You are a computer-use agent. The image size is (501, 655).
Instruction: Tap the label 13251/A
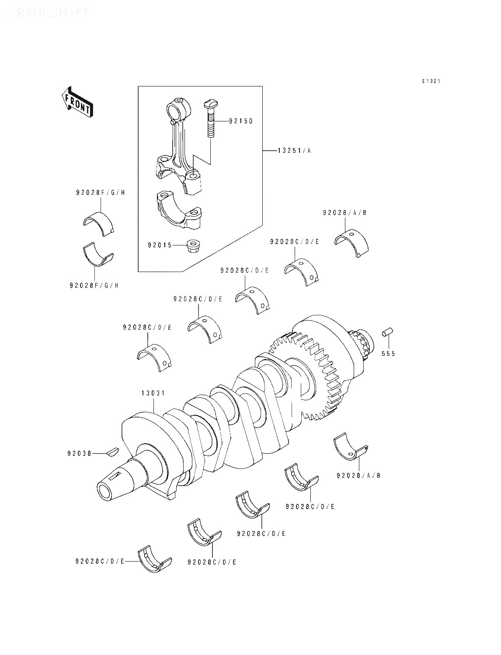pyautogui.click(x=295, y=151)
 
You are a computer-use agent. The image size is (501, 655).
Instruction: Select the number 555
pyautogui.click(x=388, y=353)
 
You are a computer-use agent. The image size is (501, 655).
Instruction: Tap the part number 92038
pyautogui.click(x=80, y=453)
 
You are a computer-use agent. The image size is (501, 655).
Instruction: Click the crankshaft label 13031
pyautogui.click(x=153, y=393)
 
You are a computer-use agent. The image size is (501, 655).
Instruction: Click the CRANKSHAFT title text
pyautogui.click(x=49, y=13)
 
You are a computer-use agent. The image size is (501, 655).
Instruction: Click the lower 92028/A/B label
pyautogui.click(x=358, y=475)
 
